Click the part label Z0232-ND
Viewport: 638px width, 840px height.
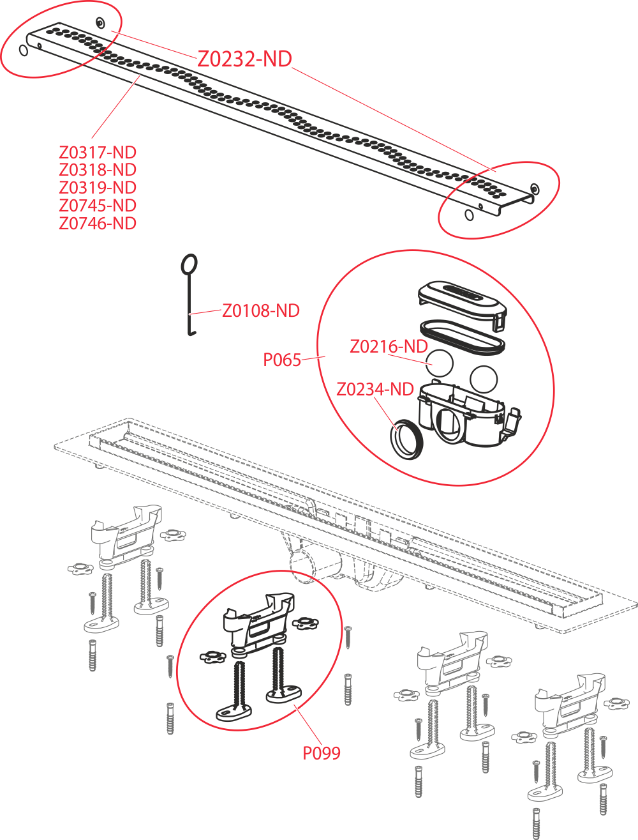[244, 59]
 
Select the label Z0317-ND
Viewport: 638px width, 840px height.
[98, 152]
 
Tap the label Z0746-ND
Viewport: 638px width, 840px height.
[98, 224]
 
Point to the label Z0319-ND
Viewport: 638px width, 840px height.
[98, 188]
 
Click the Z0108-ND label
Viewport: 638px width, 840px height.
[261, 310]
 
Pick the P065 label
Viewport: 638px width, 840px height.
[282, 360]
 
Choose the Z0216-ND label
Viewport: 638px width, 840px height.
[389, 347]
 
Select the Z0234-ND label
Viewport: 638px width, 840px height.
[375, 390]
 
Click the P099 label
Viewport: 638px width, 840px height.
[322, 753]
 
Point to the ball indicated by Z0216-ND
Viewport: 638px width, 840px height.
[440, 363]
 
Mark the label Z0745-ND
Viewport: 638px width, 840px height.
[98, 206]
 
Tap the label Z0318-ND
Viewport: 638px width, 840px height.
[98, 169]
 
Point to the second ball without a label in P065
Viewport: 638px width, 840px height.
[484, 379]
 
